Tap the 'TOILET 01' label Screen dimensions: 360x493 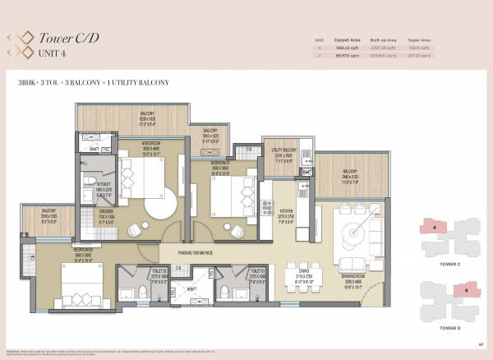point(256,270)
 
